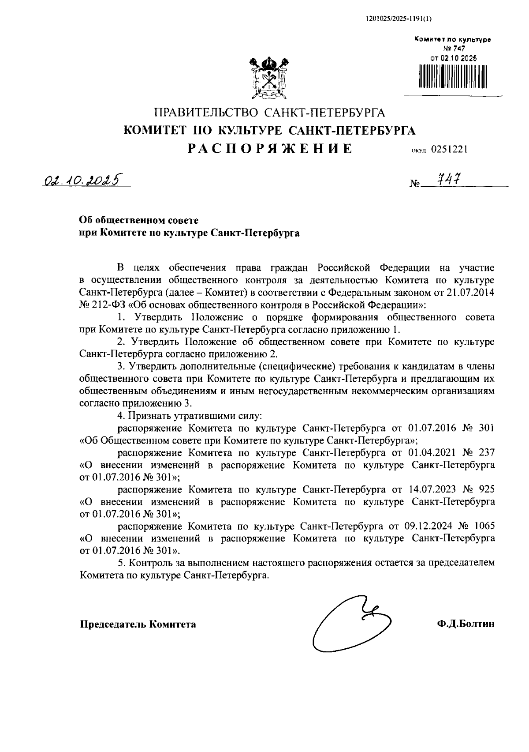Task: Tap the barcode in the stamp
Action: [x=453, y=76]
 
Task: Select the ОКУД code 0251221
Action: [x=449, y=149]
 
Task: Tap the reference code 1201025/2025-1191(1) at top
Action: [x=399, y=19]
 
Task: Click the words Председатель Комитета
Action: [x=138, y=624]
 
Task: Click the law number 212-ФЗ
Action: [x=109, y=305]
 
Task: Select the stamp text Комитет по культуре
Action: [x=453, y=40]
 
